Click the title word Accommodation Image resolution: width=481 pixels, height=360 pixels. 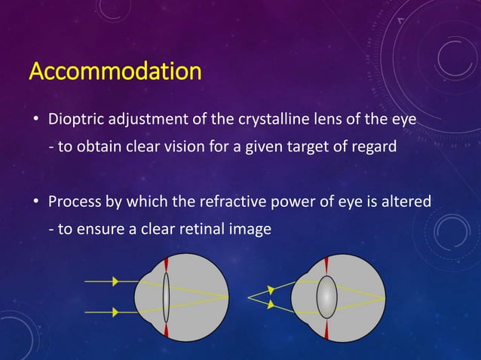click(x=115, y=72)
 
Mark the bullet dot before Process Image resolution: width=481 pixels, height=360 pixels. click(x=35, y=203)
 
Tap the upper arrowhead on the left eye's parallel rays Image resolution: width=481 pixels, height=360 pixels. click(x=115, y=281)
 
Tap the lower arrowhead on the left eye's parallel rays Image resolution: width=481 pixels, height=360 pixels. click(x=115, y=310)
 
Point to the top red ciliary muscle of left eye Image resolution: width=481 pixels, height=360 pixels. click(x=166, y=266)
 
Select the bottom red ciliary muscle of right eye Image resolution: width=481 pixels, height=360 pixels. click(x=325, y=331)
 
